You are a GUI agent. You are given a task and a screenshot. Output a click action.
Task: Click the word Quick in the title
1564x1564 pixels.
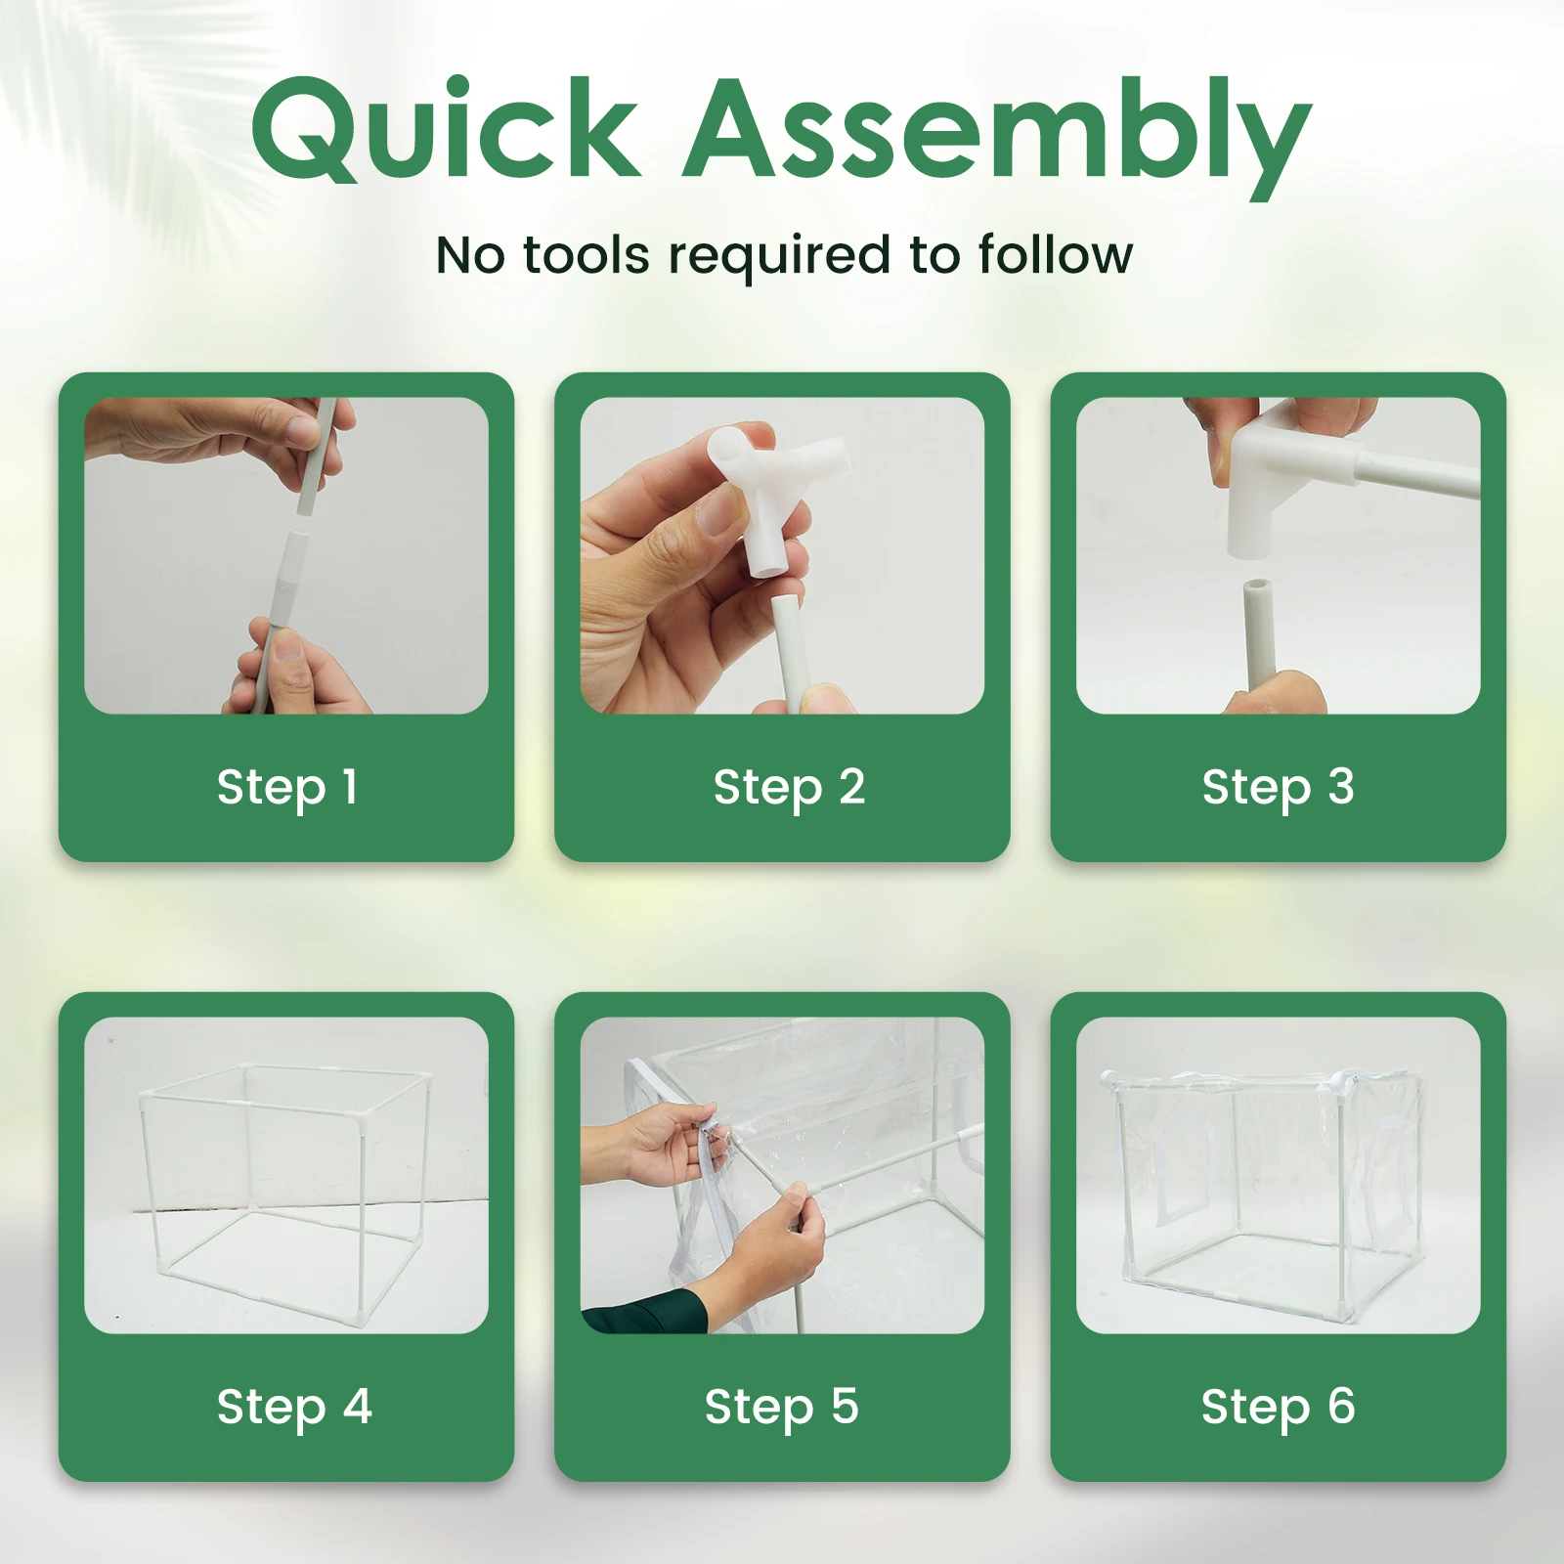(x=445, y=130)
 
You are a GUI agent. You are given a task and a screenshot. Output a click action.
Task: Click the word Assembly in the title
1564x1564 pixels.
(x=997, y=137)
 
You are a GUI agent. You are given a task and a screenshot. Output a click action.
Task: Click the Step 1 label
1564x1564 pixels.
(x=287, y=787)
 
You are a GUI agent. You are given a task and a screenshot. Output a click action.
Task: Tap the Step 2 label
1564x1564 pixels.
(x=789, y=787)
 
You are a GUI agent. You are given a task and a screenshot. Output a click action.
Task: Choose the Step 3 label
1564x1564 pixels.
(x=1278, y=787)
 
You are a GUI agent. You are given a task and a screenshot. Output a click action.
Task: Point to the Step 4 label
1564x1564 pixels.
(x=294, y=1407)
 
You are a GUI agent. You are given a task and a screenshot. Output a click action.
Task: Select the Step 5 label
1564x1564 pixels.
(x=781, y=1407)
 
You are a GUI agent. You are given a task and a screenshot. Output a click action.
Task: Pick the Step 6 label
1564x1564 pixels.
(x=1278, y=1407)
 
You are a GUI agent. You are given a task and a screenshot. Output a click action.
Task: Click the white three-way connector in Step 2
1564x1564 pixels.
(x=775, y=489)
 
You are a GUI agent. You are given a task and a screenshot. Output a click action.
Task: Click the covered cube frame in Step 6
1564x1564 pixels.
(x=1271, y=1197)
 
